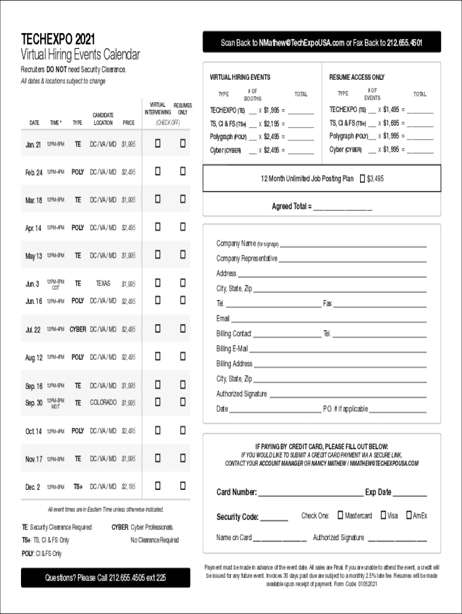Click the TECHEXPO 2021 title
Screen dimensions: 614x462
(x=58, y=40)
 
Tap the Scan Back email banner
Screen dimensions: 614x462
(x=321, y=43)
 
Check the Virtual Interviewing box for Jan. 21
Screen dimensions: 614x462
(x=158, y=143)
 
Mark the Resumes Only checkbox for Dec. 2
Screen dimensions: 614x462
(x=182, y=486)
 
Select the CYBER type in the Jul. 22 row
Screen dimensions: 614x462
(x=77, y=329)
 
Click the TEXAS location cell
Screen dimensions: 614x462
(x=103, y=284)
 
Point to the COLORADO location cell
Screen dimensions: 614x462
(x=103, y=403)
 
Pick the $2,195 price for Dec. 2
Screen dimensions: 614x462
(x=128, y=487)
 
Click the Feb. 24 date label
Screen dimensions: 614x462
(x=34, y=172)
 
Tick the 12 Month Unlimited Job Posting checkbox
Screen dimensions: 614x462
(x=361, y=179)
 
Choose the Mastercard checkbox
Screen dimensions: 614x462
(x=340, y=515)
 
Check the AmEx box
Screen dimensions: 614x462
(x=409, y=515)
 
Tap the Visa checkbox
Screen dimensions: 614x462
(x=383, y=515)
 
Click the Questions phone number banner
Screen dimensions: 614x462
(x=105, y=578)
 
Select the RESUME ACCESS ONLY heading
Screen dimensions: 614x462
(x=357, y=77)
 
